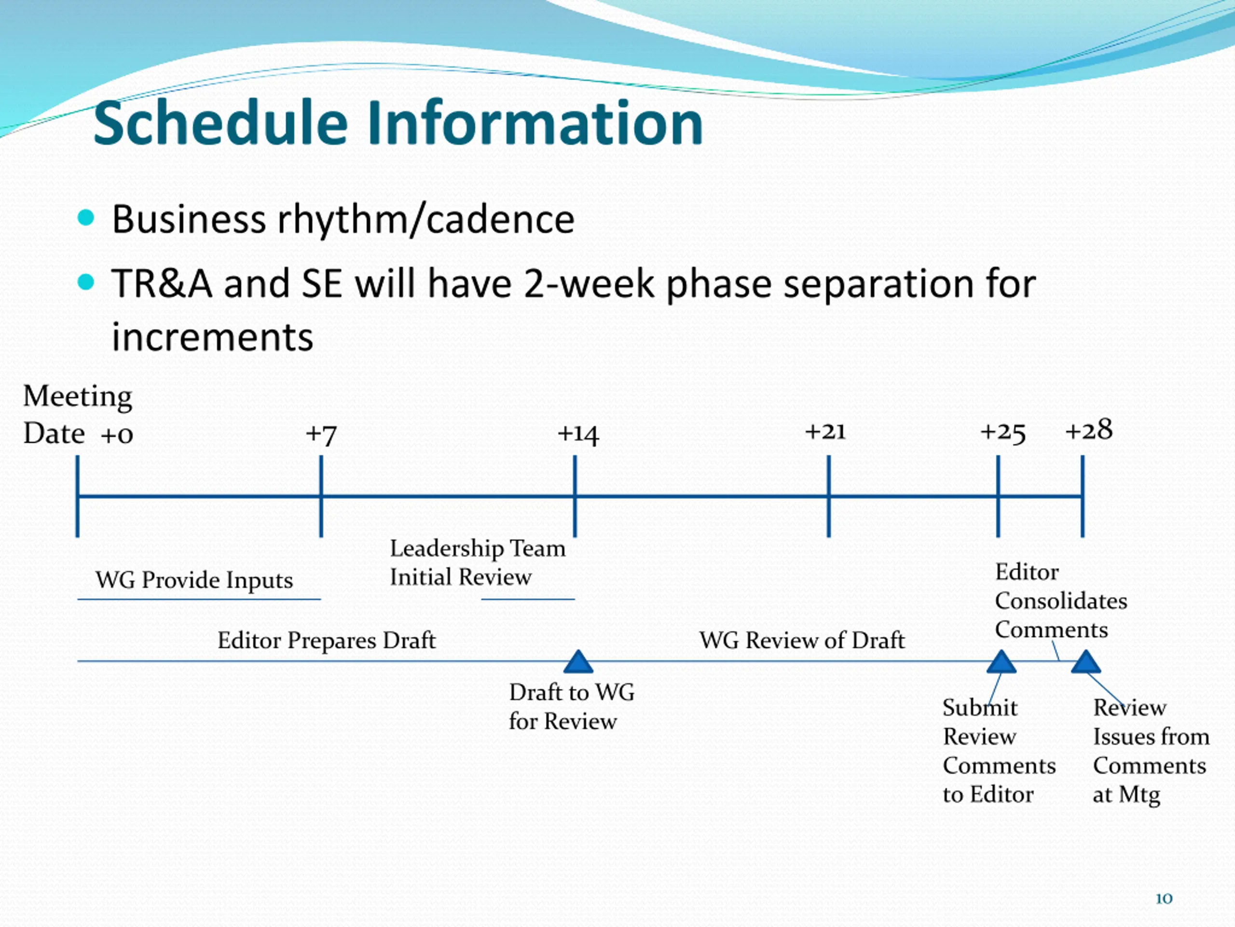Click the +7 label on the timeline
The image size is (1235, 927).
321,434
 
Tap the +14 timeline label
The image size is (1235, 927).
578,434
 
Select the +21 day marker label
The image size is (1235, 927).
825,431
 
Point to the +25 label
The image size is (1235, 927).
1003,433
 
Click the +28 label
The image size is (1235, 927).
1089,430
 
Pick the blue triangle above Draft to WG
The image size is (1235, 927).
578,661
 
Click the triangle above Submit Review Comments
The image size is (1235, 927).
1001,661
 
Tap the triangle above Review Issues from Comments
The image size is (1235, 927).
1086,661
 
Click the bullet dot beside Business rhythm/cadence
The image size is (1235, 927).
86,217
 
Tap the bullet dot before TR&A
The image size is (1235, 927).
86,282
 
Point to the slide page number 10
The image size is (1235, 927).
1164,899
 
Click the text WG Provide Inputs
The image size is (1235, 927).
194,580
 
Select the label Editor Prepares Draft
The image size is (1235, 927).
327,640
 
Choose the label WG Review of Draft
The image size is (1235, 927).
802,640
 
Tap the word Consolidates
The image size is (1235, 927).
1061,601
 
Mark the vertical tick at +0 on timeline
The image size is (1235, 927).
78,496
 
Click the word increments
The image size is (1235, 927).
213,337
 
